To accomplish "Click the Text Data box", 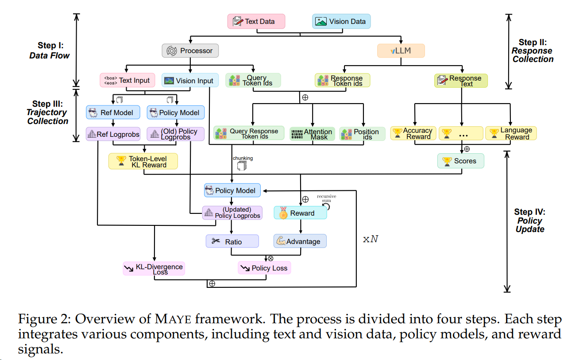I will pyautogui.click(x=256, y=21).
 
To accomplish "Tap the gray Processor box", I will pyautogui.click(x=190, y=50).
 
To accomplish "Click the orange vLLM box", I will pyautogui.click(x=401, y=50).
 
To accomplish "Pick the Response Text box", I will pyautogui.click(x=460, y=81).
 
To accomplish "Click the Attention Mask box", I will pyautogui.click(x=312, y=134).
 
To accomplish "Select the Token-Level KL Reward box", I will pyautogui.click(x=143, y=161).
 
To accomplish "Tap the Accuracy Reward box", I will pyautogui.click(x=413, y=133).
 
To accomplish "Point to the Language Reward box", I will pyautogui.click(x=511, y=133).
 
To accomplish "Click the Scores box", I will pyautogui.click(x=460, y=161).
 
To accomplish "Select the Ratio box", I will pyautogui.click(x=232, y=241).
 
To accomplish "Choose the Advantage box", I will pyautogui.click(x=300, y=241).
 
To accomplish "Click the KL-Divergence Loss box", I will pyautogui.click(x=154, y=269).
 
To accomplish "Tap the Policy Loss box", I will pyautogui.click(x=264, y=268).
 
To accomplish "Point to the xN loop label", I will pyautogui.click(x=371, y=239).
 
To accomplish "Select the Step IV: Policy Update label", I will pyautogui.click(x=529, y=221).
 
